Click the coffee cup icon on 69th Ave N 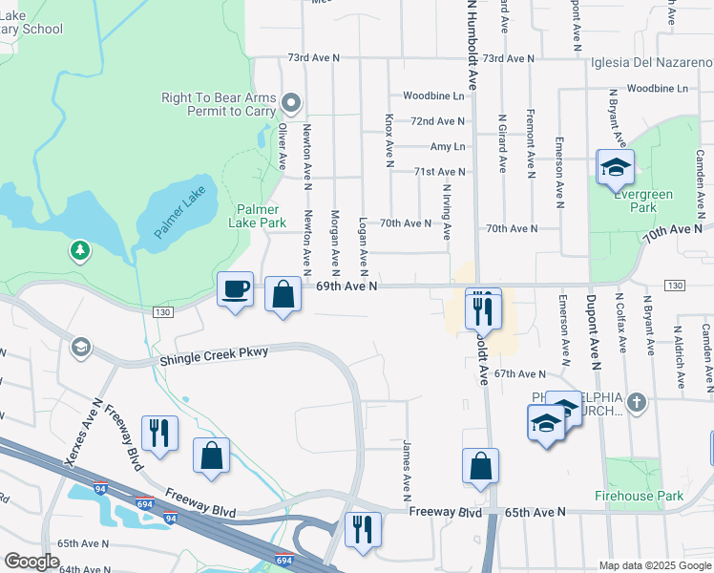tap(235, 288)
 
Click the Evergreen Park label tap(642, 201)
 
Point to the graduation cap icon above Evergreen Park tap(616, 167)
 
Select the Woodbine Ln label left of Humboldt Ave tap(432, 96)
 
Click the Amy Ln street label tap(447, 146)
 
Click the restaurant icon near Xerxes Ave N tap(159, 432)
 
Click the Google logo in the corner tap(32, 562)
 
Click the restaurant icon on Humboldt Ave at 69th tap(483, 308)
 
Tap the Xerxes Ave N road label tap(83, 433)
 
